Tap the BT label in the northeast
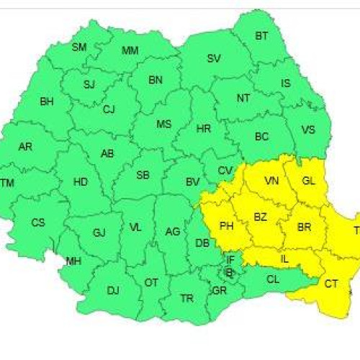pos(261,35)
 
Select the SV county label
pos(214,59)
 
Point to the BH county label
pos(47,102)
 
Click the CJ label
pos(109,109)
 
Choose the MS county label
pos(164,124)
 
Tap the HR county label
pos(204,129)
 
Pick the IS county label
pos(286,84)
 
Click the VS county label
pos(308,130)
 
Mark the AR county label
pos(25,147)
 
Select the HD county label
pos(81,182)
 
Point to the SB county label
pos(143,175)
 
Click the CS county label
pos(37,222)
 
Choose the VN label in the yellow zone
pos(272,181)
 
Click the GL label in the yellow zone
pos(309,181)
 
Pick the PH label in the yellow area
pos(226,226)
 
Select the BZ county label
pos(261,216)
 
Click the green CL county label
pos(272,279)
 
